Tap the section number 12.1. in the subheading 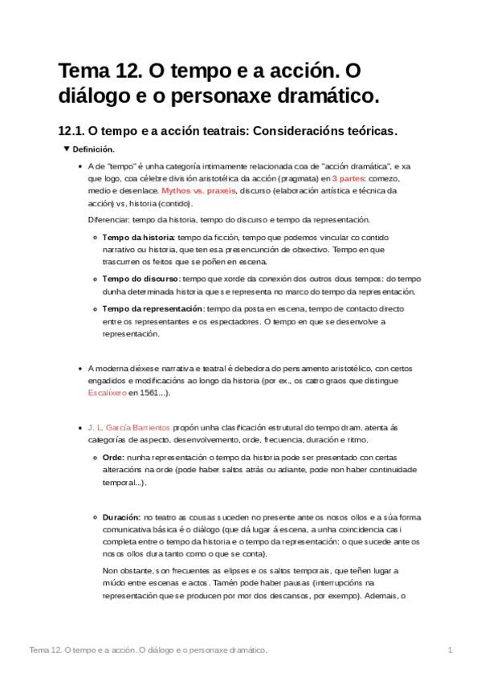71,130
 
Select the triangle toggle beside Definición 67,149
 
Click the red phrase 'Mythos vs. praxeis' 198,191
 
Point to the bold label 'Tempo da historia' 138,238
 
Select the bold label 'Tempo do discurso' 141,278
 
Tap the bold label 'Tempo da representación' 153,309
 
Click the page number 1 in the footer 450,649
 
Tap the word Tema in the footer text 39,649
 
